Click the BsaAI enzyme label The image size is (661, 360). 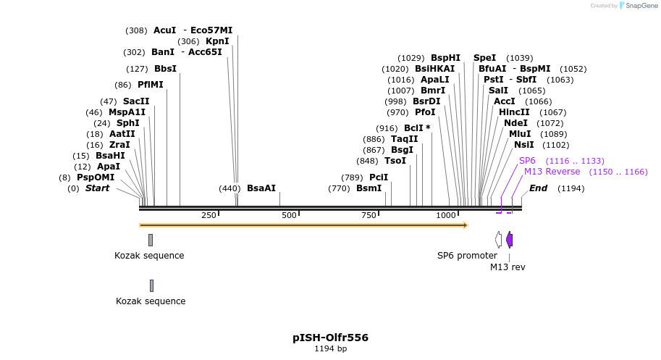click(x=261, y=188)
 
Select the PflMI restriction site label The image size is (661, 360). click(x=151, y=85)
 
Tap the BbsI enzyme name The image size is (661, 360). click(x=165, y=69)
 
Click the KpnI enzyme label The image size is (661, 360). click(x=217, y=41)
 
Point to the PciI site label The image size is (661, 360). click(x=379, y=177)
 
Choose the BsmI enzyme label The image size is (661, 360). click(x=369, y=188)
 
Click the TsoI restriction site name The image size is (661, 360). click(x=395, y=161)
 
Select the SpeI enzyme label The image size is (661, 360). click(x=485, y=58)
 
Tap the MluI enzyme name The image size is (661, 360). click(x=520, y=134)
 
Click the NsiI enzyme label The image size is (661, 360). click(x=524, y=145)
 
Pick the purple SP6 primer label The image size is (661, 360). click(x=527, y=161)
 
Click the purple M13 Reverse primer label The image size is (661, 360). click(x=552, y=172)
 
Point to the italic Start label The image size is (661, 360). click(x=98, y=188)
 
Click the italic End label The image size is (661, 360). click(x=539, y=188)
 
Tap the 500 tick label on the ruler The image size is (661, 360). click(x=290, y=216)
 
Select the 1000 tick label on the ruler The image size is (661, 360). click(x=447, y=216)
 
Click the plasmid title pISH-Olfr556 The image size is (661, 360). click(x=330, y=338)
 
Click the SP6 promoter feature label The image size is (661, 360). click(x=467, y=256)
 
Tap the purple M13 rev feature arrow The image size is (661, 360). click(x=510, y=240)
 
